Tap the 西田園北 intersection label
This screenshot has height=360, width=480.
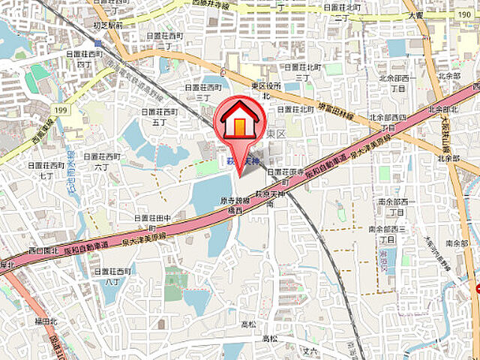tap(43, 249)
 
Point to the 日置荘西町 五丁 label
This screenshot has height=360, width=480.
tap(158, 115)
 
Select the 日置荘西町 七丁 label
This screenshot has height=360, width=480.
tap(42, 169)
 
